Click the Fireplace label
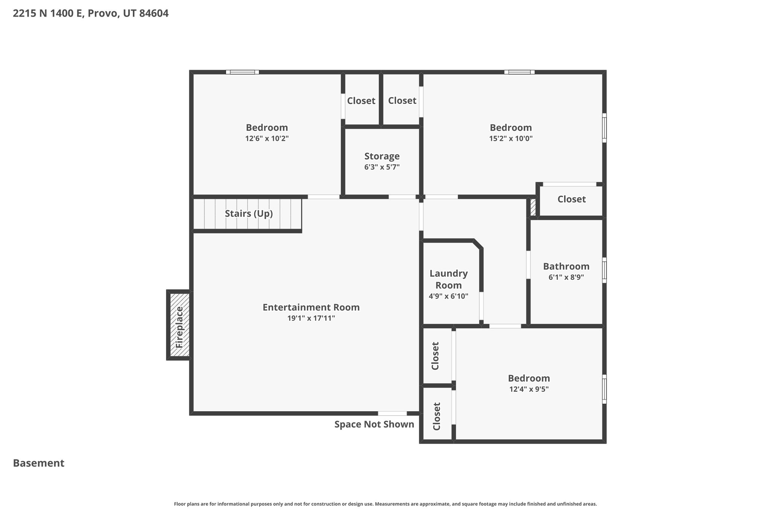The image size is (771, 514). click(x=180, y=327)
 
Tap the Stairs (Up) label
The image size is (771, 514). click(x=249, y=214)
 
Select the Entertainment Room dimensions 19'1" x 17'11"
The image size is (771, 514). click(x=311, y=318)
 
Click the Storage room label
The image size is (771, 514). click(x=382, y=156)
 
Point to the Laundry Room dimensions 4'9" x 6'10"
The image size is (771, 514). click(x=448, y=296)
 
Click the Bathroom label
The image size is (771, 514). click(x=566, y=266)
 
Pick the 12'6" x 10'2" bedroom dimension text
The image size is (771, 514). click(x=267, y=138)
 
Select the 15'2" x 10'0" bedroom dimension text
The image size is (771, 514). click(x=511, y=138)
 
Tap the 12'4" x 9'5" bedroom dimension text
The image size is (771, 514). click(x=529, y=389)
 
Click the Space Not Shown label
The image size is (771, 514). click(x=374, y=424)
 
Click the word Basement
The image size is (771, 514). click(x=39, y=463)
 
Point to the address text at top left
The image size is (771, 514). click(x=91, y=14)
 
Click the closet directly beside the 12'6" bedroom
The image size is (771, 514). click(x=361, y=101)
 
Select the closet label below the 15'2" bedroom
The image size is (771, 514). click(x=571, y=199)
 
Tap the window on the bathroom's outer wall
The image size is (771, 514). click(x=604, y=270)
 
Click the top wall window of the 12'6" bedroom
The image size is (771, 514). click(x=242, y=72)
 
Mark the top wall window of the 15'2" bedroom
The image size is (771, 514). click(x=520, y=72)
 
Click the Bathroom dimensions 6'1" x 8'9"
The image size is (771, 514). click(x=566, y=277)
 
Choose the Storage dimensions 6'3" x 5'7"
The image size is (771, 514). click(x=382, y=167)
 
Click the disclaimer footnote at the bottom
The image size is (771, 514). click(x=385, y=504)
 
